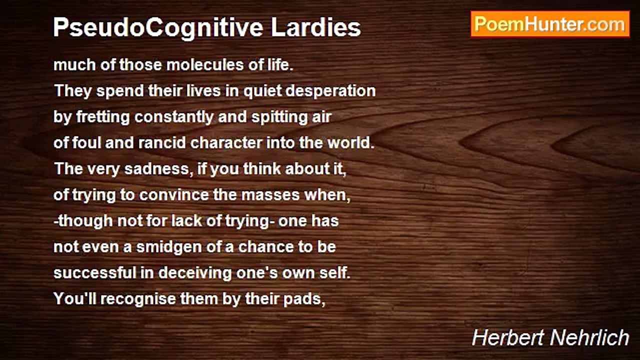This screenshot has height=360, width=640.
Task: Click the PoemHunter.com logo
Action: point(550,24)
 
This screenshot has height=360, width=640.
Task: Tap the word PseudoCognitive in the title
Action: point(158,27)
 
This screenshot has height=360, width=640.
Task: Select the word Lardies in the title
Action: point(315,27)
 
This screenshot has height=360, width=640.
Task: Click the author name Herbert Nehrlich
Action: point(550,337)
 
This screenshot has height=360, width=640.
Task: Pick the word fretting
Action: point(103,117)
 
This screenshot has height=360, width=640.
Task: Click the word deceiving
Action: point(195,273)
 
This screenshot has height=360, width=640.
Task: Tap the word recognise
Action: point(137,299)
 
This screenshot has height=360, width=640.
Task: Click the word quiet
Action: point(262,91)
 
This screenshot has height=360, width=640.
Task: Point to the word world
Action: point(350,142)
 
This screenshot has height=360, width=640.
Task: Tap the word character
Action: point(226,143)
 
